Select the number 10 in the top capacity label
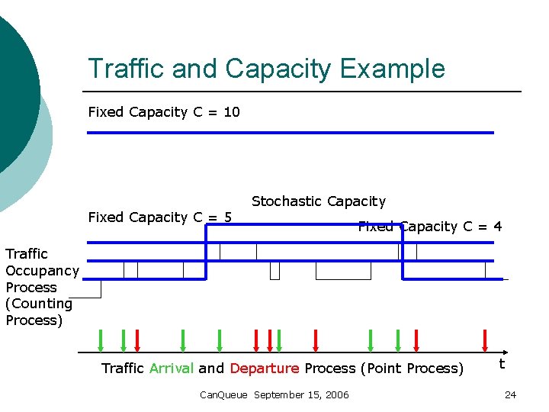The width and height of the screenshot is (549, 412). click(232, 112)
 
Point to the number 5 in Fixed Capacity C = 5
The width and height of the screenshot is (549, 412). click(227, 217)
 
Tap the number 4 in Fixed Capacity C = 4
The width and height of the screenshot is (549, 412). click(497, 227)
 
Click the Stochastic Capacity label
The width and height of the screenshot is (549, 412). click(319, 201)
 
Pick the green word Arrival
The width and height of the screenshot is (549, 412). click(172, 369)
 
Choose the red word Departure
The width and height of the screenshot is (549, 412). click(265, 369)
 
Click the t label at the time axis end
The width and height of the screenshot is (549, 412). click(502, 364)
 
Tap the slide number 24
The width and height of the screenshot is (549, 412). click(510, 394)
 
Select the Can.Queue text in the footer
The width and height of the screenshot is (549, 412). click(223, 394)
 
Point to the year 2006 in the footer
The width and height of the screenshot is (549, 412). click(335, 394)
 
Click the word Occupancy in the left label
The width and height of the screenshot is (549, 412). click(42, 271)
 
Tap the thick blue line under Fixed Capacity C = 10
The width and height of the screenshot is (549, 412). click(290, 133)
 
